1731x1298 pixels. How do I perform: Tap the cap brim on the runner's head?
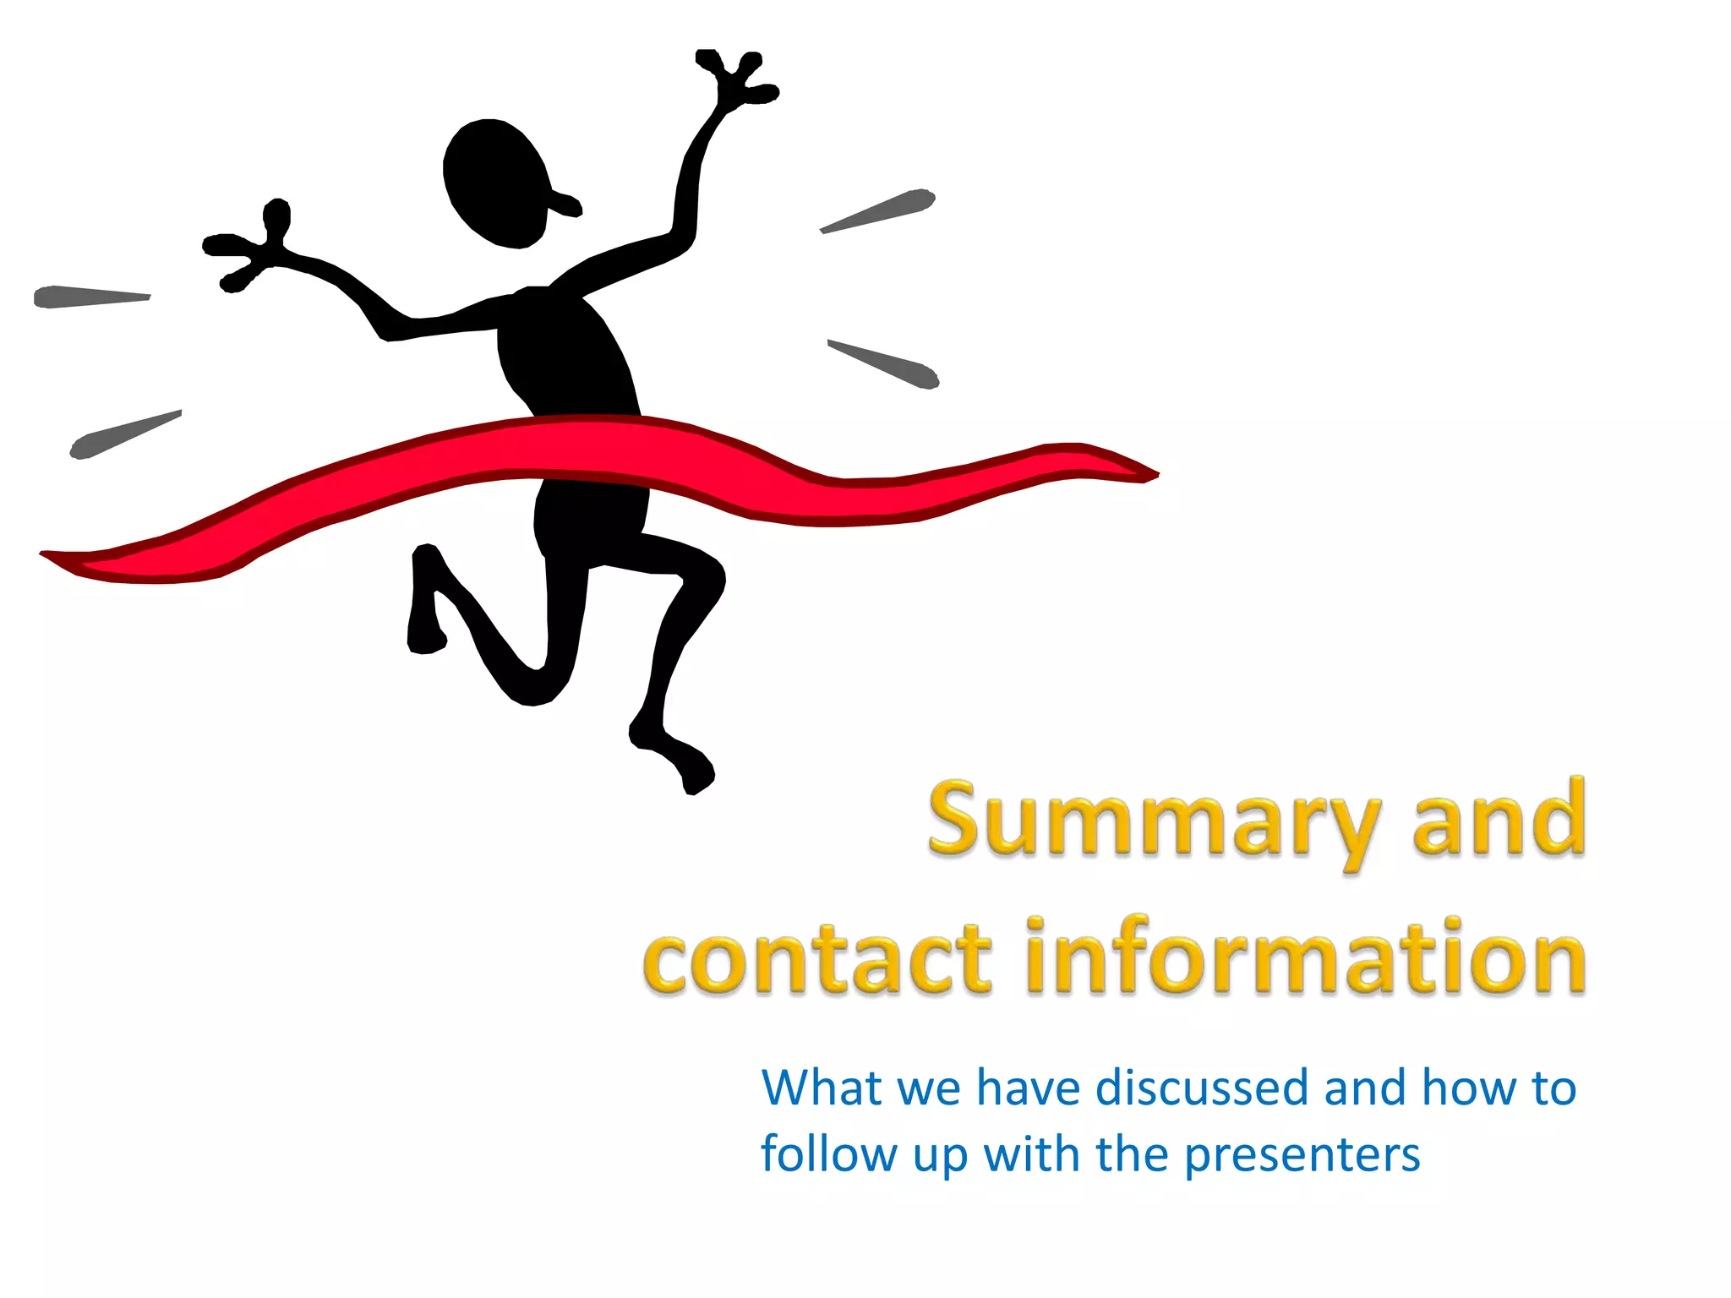pyautogui.click(x=566, y=204)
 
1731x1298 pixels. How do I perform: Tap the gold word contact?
pyautogui.click(x=816, y=960)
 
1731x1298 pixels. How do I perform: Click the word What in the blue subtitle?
pyautogui.click(x=821, y=1088)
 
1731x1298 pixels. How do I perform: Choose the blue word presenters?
pyautogui.click(x=1302, y=1156)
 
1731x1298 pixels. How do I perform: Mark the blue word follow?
pyautogui.click(x=828, y=1154)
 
